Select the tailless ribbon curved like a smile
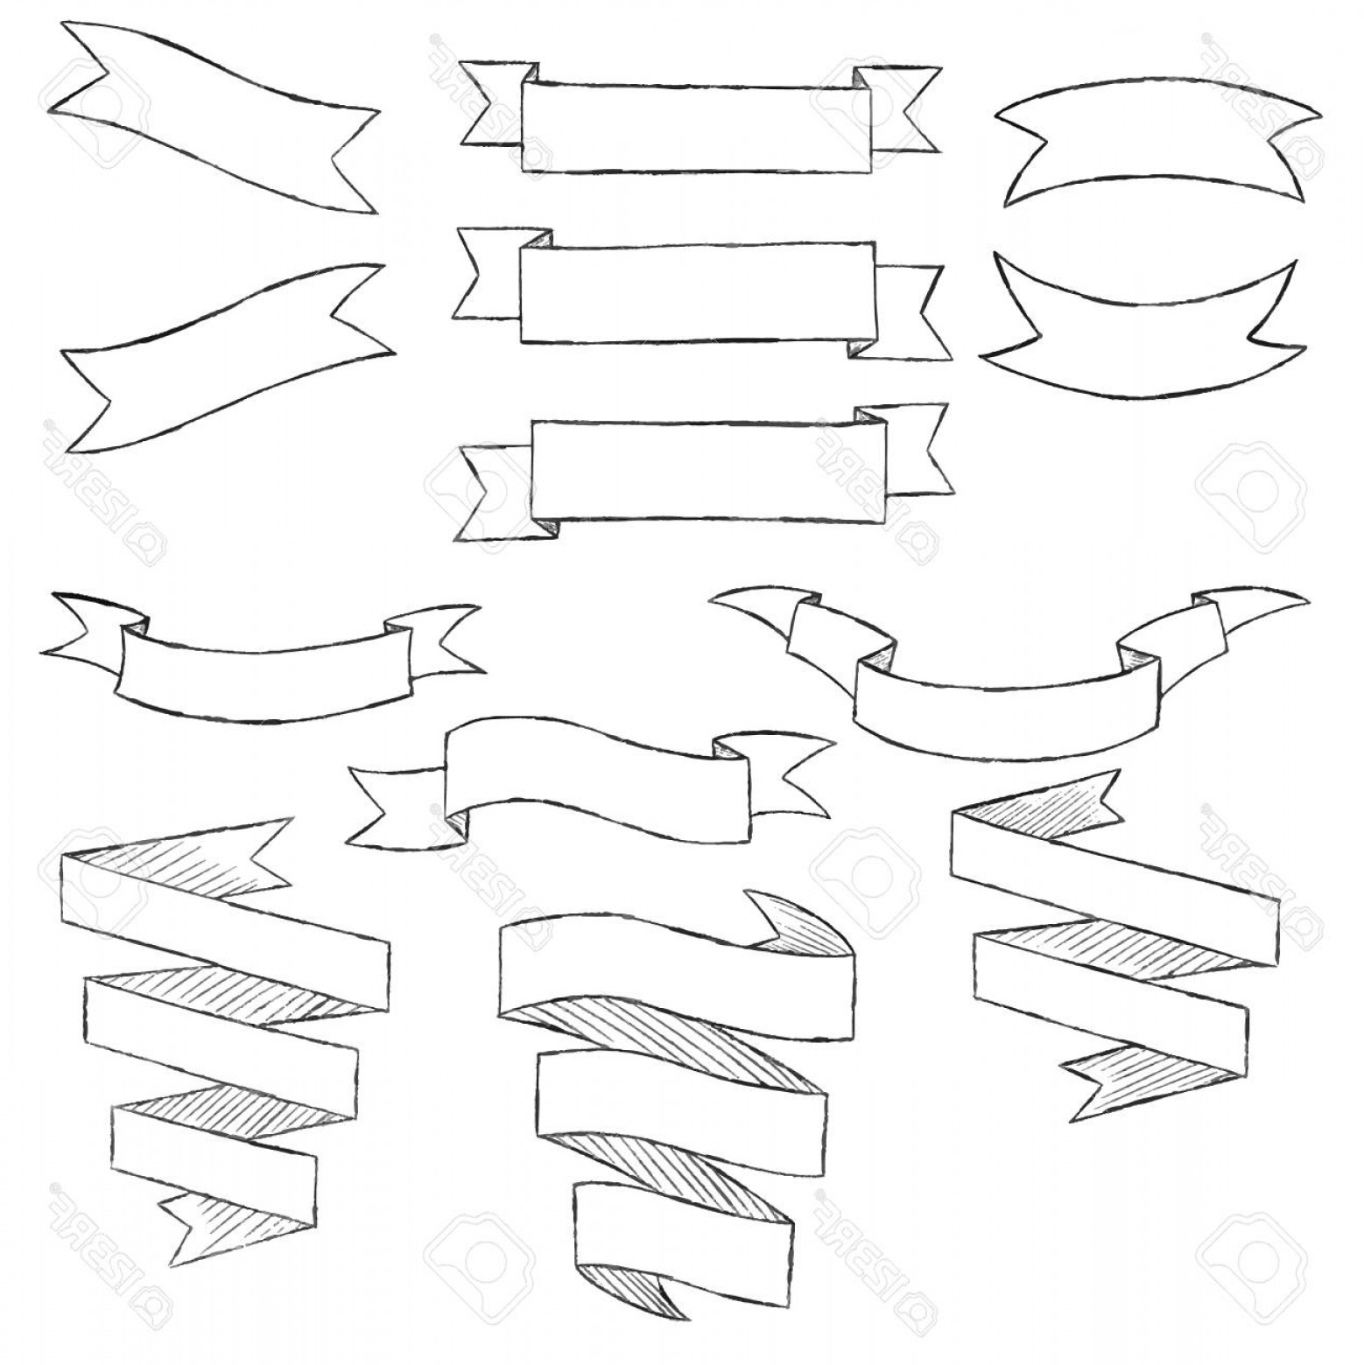click(x=1138, y=341)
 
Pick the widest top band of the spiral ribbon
click(x=674, y=971)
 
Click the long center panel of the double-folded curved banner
click(x=998, y=700)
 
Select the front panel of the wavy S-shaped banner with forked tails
click(x=595, y=770)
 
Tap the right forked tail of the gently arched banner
click(x=442, y=639)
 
